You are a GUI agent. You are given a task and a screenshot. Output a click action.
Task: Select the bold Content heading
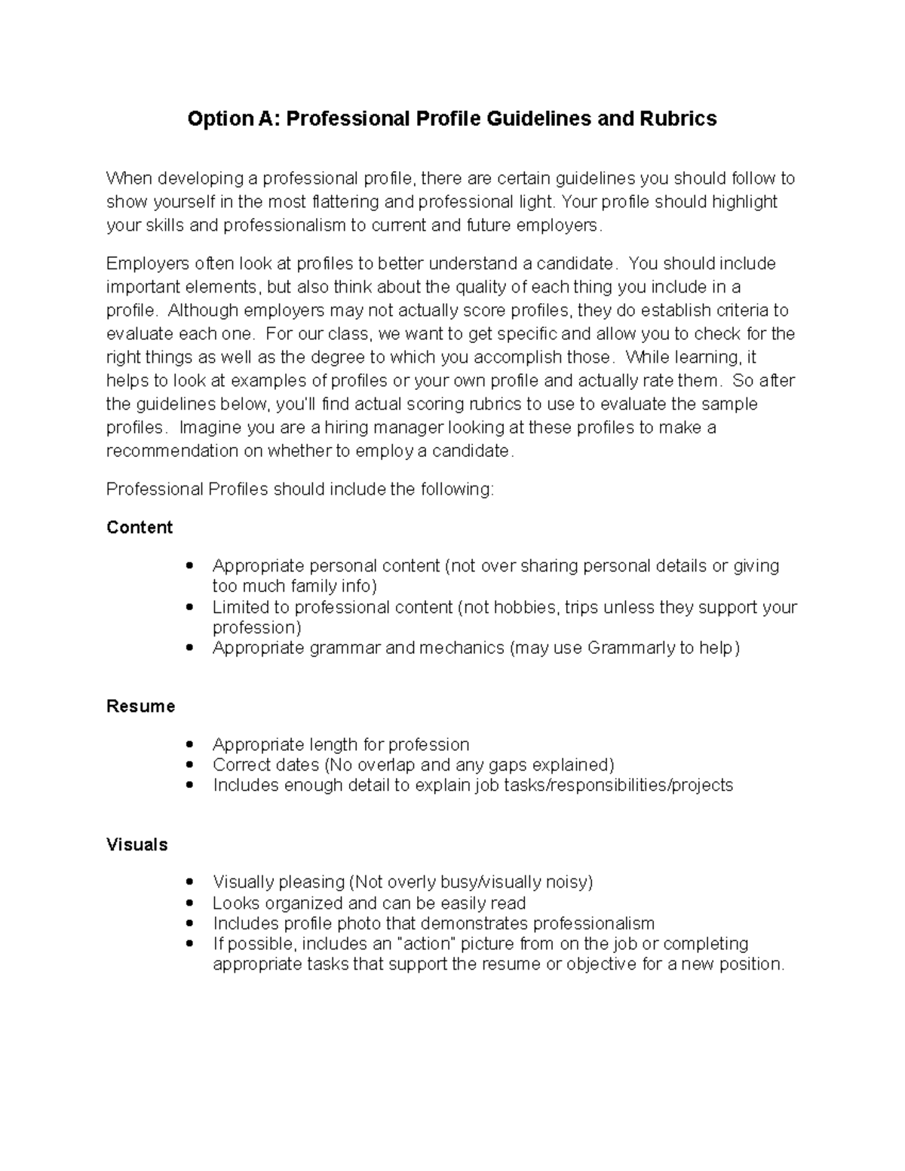pos(140,527)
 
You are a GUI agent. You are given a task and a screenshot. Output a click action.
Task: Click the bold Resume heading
pos(140,706)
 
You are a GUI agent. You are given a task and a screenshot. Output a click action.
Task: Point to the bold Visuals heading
pos(137,845)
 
